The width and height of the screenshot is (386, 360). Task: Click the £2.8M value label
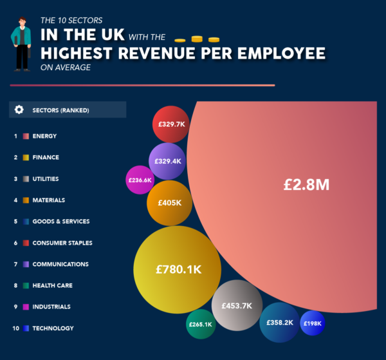click(306, 185)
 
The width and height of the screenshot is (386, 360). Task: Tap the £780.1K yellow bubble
click(178, 270)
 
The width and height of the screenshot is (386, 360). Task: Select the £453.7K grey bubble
click(237, 305)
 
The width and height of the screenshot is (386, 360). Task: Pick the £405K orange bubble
click(169, 203)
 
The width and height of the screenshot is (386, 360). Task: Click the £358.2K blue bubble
click(279, 322)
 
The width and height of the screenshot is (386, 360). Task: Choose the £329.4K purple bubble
click(167, 161)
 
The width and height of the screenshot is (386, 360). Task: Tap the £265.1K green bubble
click(200, 325)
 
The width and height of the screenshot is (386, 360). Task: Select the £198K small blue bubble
click(312, 323)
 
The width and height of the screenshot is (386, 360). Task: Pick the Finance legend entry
click(45, 157)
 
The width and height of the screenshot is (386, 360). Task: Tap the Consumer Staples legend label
click(62, 243)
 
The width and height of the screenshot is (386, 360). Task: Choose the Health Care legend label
click(52, 285)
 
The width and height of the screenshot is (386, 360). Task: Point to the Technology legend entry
click(53, 328)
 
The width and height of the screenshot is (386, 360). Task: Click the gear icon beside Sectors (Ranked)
click(19, 110)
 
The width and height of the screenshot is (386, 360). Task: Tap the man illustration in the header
click(21, 42)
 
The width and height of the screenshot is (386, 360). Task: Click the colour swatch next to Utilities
click(26, 179)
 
